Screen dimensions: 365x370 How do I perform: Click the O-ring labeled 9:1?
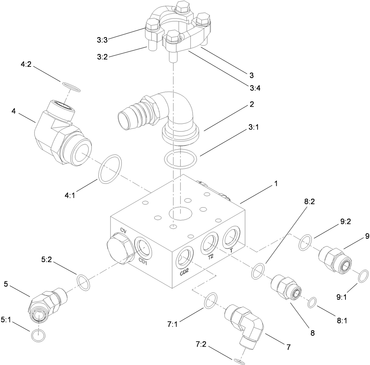click(x=364, y=276)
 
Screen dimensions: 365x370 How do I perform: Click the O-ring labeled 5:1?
click(x=38, y=335)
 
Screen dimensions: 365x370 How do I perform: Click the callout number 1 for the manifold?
click(x=276, y=184)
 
